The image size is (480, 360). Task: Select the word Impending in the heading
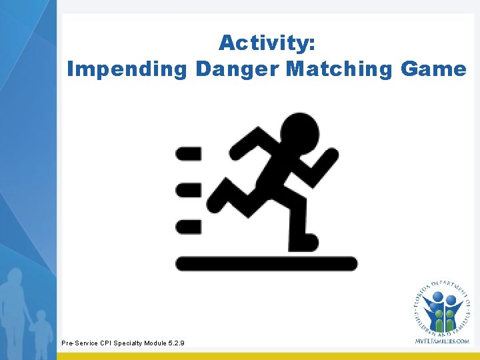pos(127,69)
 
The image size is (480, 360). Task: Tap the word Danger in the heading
pos(237,69)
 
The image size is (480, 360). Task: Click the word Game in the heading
pos(434,69)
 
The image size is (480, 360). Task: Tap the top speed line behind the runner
pos(188,154)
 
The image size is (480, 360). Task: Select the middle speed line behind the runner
pos(188,190)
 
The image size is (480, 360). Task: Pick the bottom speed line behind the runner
pos(188,227)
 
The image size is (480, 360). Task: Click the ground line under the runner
pos(267,263)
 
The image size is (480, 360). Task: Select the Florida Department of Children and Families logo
pos(441,308)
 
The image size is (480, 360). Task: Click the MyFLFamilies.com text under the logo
pos(442,340)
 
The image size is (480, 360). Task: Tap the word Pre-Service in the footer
pos(79,343)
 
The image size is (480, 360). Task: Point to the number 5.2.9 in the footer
pos(175,343)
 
